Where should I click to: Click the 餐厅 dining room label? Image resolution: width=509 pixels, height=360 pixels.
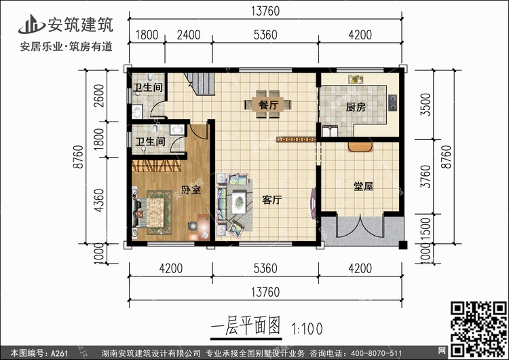coord(269,105)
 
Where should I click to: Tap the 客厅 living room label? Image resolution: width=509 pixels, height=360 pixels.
coord(272,200)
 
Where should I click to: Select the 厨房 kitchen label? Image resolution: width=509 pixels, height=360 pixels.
coord(356,107)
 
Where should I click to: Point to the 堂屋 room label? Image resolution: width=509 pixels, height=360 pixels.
coord(363,187)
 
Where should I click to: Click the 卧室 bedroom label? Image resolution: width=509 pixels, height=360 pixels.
coord(191,190)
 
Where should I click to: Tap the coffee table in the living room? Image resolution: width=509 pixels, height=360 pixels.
coord(239,202)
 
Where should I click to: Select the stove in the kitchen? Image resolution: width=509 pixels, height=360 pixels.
coord(392,103)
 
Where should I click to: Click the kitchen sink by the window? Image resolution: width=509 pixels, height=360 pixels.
coord(356,79)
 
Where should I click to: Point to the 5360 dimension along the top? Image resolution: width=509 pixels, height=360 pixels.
coord(265,35)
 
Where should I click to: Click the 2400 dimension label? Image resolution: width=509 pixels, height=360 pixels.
coord(189,35)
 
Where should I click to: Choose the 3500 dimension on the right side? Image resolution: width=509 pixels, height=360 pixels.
coord(426,105)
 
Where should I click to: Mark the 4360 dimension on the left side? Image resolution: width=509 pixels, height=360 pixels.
coord(99,200)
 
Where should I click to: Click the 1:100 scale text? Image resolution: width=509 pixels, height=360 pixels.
coord(307,329)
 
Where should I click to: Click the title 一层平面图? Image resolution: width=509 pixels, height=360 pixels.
coord(246,326)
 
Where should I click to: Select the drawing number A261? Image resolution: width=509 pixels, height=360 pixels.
coord(60,353)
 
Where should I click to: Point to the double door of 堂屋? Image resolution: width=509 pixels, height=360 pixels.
coord(360,226)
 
